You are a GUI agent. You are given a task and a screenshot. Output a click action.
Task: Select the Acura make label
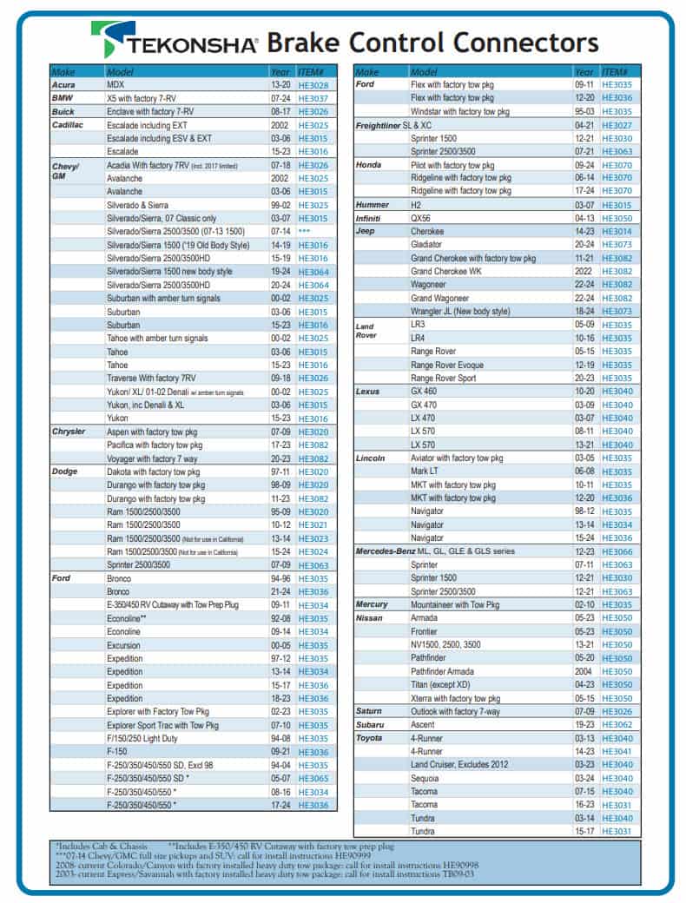click(65, 85)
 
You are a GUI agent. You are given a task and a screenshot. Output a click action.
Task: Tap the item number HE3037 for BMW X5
click(313, 99)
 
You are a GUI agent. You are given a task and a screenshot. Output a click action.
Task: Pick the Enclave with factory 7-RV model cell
click(150, 112)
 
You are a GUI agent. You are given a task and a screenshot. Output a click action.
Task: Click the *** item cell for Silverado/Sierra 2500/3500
click(304, 232)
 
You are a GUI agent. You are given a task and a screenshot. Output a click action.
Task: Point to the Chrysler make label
click(69, 432)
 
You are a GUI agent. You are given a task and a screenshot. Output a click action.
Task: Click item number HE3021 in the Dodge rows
click(313, 524)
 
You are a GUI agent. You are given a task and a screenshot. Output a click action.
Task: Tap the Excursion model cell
click(124, 645)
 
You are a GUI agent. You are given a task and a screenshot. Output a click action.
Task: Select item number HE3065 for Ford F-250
click(313, 779)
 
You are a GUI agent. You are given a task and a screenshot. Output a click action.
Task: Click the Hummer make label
click(373, 205)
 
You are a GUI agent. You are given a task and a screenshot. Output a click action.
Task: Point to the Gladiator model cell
click(427, 245)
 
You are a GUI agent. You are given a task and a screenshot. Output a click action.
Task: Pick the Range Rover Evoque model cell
click(447, 365)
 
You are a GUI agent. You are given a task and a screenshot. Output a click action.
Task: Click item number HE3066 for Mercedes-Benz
click(617, 551)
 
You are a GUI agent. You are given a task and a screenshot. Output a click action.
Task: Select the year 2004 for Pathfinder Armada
click(584, 671)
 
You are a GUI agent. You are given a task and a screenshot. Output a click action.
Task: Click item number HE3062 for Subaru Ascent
click(617, 724)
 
